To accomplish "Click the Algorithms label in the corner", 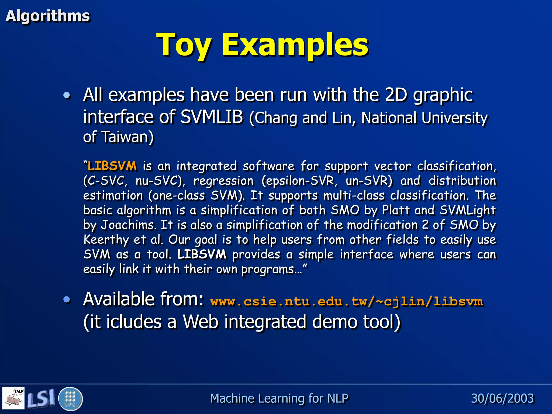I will [48, 16].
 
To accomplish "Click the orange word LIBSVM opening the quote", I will [112, 166].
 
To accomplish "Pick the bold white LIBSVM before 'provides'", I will [202, 254].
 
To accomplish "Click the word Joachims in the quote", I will [128, 225].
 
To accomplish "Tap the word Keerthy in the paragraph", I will [106, 240].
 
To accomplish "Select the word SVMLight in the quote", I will [468, 210].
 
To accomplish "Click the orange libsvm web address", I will [347, 301].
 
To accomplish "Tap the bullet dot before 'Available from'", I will [67, 299].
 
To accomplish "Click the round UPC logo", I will [70, 399].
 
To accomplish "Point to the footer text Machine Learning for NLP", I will [279, 398].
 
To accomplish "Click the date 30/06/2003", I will [502, 398].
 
